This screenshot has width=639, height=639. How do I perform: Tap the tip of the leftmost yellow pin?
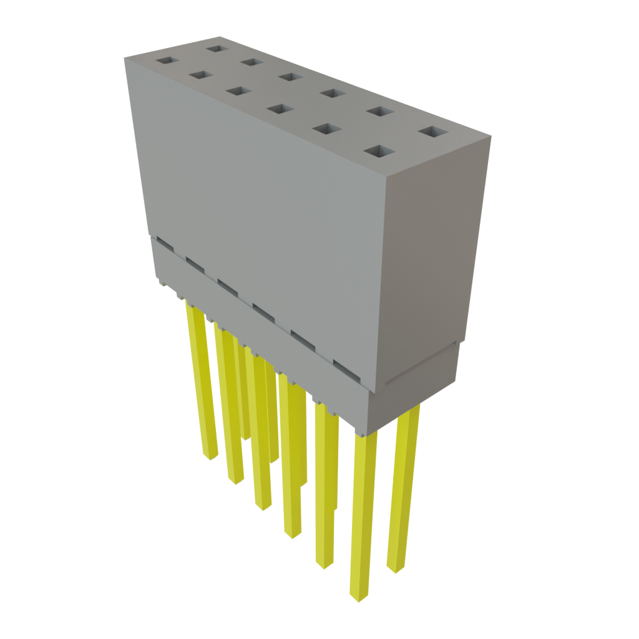(211, 457)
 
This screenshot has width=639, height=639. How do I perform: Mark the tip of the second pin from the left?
(236, 481)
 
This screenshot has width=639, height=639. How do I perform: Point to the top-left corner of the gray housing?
(124, 57)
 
